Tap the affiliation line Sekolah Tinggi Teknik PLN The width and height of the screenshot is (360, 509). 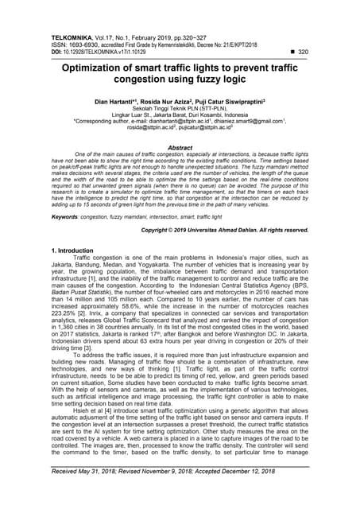click(x=180, y=110)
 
